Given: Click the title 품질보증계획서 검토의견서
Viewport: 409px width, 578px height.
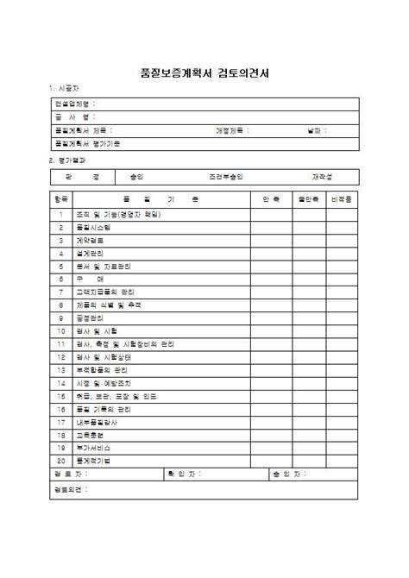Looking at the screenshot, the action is pos(204,72).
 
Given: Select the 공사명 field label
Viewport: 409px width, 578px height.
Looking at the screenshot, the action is pos(74,116).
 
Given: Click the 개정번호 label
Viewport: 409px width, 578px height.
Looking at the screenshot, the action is pos(232,130).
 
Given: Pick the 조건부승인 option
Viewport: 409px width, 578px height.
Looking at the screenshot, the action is pos(225,176).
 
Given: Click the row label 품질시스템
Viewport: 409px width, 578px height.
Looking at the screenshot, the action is pos(95,227).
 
